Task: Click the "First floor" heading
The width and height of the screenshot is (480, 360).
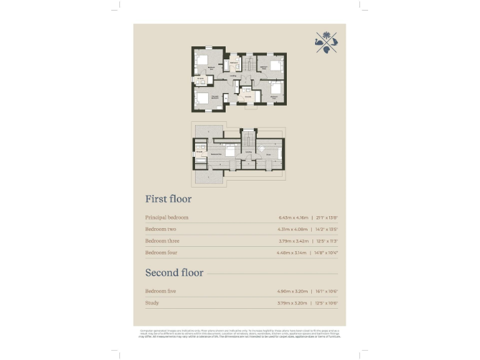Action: [168, 199]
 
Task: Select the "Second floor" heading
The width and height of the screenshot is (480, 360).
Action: [174, 273]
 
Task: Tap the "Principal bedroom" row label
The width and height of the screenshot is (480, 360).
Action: [166, 217]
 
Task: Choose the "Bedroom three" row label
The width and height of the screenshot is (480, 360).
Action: [163, 241]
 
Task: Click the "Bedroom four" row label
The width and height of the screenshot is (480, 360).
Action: [162, 252]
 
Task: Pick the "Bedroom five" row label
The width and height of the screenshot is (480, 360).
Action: [161, 291]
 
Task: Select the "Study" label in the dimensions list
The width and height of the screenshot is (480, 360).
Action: [152, 303]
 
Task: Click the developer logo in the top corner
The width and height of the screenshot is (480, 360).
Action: [326, 42]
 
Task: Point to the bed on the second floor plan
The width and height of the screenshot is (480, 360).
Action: [229, 151]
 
